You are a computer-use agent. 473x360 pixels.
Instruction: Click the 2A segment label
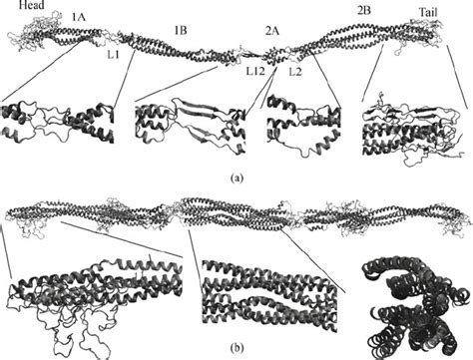(271, 30)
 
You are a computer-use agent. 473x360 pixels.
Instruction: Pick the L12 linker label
(257, 72)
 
